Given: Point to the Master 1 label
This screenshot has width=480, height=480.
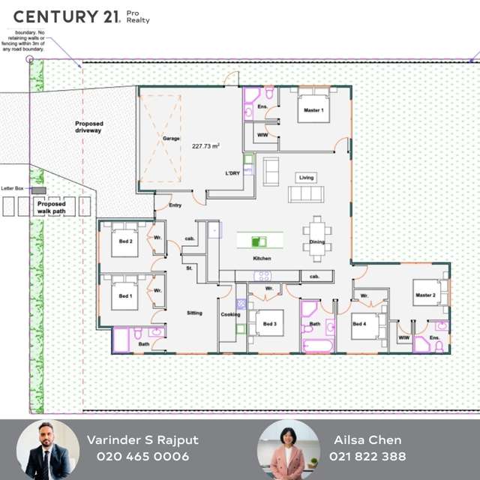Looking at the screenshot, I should click(313, 110).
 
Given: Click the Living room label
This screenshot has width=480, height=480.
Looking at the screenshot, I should click(306, 178).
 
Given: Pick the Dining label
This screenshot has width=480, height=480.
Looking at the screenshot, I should click(317, 241).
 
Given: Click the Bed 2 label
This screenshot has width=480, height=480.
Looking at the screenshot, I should click(125, 241).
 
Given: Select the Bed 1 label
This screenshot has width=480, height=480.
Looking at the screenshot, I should click(125, 295).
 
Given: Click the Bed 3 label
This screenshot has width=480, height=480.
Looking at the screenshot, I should click(270, 324).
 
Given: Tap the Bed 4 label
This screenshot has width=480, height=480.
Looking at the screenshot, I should click(359, 324).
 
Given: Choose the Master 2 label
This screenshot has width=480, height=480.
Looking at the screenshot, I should click(425, 295).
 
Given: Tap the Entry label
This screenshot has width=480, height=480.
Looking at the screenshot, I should click(175, 205).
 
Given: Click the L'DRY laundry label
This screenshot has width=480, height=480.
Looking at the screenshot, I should click(232, 173).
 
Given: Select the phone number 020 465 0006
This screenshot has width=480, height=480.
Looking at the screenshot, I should click(143, 456).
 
